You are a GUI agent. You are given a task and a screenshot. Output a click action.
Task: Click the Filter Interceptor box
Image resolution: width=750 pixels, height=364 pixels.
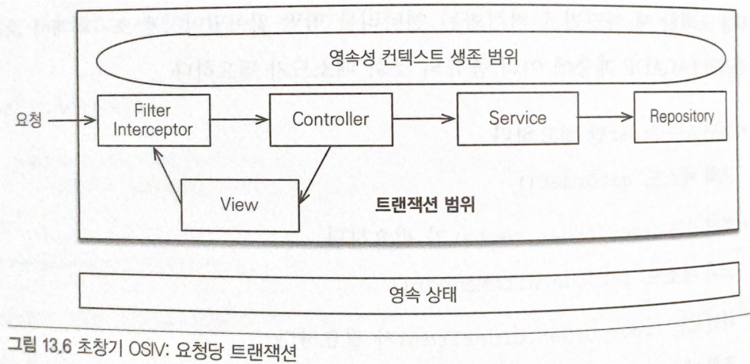pyautogui.click(x=152, y=120)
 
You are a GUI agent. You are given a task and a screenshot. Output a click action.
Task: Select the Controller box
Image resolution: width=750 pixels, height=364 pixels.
pyautogui.click(x=330, y=120)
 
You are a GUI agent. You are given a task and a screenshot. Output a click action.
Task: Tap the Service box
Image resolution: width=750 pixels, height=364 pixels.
pyautogui.click(x=517, y=118)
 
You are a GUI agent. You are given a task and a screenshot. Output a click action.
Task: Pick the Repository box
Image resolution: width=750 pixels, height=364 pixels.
pyautogui.click(x=681, y=117)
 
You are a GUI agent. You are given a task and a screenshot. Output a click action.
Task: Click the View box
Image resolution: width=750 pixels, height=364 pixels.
pyautogui.click(x=239, y=204)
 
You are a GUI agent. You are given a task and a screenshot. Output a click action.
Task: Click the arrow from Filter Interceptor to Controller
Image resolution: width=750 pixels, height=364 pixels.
pyautogui.click(x=239, y=120)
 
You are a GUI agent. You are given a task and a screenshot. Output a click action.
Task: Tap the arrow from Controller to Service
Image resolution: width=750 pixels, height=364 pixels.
pyautogui.click(x=424, y=119)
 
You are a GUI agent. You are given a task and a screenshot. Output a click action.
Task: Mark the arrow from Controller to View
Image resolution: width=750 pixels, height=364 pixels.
pyautogui.click(x=314, y=174)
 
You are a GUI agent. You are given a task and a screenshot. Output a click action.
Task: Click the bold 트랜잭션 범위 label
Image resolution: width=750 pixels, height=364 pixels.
pyautogui.click(x=424, y=207)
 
